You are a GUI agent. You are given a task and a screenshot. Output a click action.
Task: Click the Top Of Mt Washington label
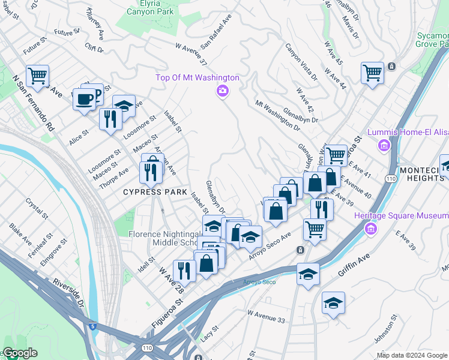(197, 77)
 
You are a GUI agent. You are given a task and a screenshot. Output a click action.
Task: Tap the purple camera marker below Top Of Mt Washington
(222, 91)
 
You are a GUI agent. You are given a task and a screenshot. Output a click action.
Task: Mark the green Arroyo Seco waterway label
(259, 281)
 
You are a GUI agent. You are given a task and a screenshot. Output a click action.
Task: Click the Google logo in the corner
(20, 353)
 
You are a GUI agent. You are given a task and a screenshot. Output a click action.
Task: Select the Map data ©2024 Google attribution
(411, 355)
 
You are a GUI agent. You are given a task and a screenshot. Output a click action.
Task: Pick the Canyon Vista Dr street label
(301, 61)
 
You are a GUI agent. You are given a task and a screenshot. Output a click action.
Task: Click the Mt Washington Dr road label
(277, 115)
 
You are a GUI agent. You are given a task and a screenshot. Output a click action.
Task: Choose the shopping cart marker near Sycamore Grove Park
(372, 73)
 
